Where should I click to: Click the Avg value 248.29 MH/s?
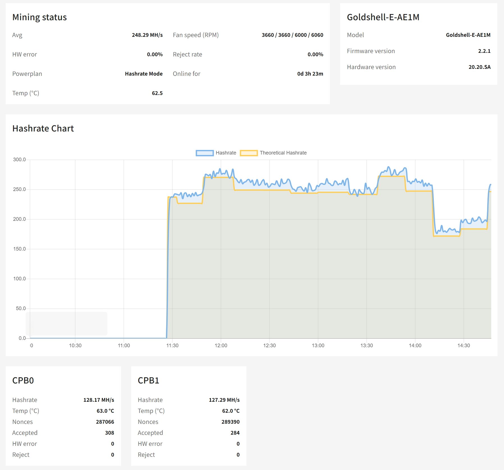click(147, 35)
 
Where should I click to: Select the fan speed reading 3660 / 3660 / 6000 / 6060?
click(292, 35)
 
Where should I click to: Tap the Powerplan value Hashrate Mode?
click(144, 74)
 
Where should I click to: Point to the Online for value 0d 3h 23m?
click(310, 74)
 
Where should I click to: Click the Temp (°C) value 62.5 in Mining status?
click(157, 93)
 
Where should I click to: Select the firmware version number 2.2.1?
click(484, 51)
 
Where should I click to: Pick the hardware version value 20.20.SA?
click(479, 67)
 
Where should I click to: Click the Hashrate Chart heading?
click(43, 128)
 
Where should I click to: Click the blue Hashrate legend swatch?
click(205, 153)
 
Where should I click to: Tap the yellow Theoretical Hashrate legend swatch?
click(249, 153)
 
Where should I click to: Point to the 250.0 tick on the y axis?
click(19, 189)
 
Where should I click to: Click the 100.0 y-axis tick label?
click(19, 279)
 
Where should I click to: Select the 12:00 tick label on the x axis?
click(221, 346)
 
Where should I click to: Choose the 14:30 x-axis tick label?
click(464, 346)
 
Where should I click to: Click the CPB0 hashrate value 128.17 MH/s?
click(99, 400)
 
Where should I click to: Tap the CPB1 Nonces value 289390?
click(230, 422)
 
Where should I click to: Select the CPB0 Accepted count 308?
click(110, 433)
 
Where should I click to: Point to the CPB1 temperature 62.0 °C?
click(231, 411)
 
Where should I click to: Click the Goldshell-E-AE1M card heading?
click(383, 17)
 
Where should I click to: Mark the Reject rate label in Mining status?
click(187, 55)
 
